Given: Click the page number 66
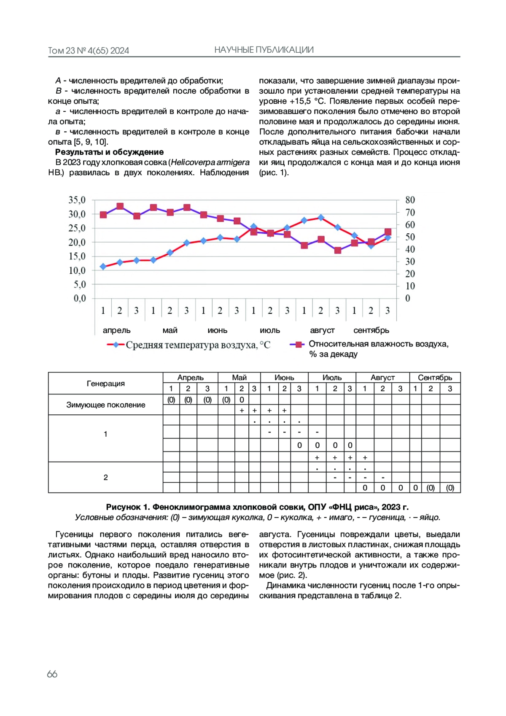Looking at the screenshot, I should click(52, 674).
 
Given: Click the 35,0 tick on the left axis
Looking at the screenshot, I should click(77, 200).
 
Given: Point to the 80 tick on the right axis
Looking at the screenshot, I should click(410, 200).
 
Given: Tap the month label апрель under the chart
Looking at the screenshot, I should click(116, 330).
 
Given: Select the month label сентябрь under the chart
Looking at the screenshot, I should click(371, 330).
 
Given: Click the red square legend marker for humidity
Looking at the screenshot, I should click(299, 345).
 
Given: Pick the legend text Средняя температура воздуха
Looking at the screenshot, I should click(198, 345).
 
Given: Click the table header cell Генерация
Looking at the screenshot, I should click(105, 384).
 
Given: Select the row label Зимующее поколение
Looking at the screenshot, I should click(105, 405).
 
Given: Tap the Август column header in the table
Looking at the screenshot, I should click(382, 378).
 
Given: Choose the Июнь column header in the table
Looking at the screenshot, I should click(284, 378).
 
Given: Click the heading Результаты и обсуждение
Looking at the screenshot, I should click(109, 152).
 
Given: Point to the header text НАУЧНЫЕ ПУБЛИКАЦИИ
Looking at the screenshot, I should click(264, 50).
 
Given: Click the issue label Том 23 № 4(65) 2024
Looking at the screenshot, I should click(89, 51).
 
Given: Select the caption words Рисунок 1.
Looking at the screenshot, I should click(128, 507).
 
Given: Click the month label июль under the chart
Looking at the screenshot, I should click(270, 330).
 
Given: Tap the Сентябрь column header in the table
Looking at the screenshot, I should click(435, 378).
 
